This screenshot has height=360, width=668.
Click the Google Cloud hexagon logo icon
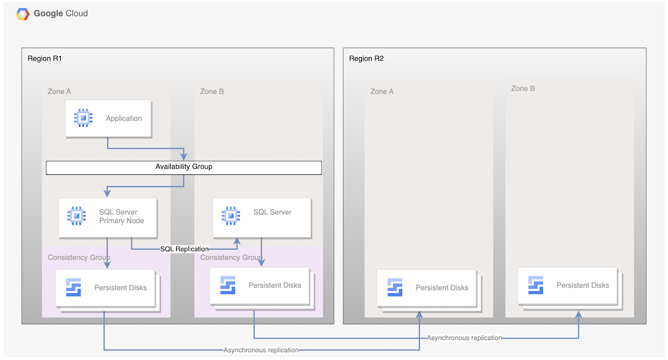[22, 14]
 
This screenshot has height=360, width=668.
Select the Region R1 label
[45, 59]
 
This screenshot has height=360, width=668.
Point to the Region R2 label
[366, 59]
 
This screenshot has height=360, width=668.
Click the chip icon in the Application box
[83, 118]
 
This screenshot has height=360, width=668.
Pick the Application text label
[123, 119]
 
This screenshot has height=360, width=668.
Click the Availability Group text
[183, 167]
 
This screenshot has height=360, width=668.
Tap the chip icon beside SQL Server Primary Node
[76, 216]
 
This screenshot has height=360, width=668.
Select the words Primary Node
[121, 221]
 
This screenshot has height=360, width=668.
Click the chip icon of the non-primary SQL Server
[230, 216]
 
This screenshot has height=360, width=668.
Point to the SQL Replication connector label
[185, 249]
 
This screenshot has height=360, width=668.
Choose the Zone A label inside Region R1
[60, 92]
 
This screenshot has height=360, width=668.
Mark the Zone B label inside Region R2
[523, 89]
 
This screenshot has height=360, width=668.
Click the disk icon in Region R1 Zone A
[73, 287]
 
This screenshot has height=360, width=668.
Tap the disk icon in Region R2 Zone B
[536, 285]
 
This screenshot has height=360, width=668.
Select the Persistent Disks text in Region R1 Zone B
[274, 285]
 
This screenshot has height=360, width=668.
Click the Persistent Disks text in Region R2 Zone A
[441, 288]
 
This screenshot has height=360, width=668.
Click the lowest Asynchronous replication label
[261, 350]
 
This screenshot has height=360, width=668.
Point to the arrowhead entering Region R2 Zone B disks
[578, 316]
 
